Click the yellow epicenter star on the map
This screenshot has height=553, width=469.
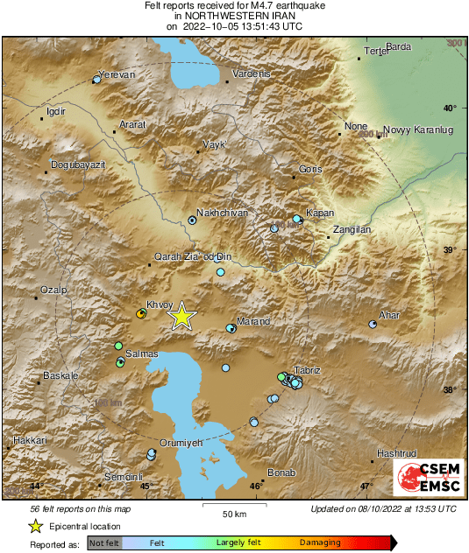pyautogui.click(x=181, y=316)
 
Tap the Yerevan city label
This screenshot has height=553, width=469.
pyautogui.click(x=117, y=75)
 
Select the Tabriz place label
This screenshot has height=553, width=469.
pyautogui.click(x=308, y=371)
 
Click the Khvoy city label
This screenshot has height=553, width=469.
pyautogui.click(x=159, y=304)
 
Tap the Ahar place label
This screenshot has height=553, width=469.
pyautogui.click(x=388, y=315)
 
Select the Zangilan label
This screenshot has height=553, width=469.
pyautogui.click(x=350, y=229)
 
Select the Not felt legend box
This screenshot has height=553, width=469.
pyautogui.click(x=104, y=543)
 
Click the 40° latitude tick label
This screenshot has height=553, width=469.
pyautogui.click(x=450, y=108)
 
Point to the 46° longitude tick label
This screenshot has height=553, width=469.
pyautogui.click(x=255, y=486)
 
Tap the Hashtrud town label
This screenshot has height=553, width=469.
pyautogui.click(x=395, y=453)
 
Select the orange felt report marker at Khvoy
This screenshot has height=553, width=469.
pyautogui.click(x=140, y=313)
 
